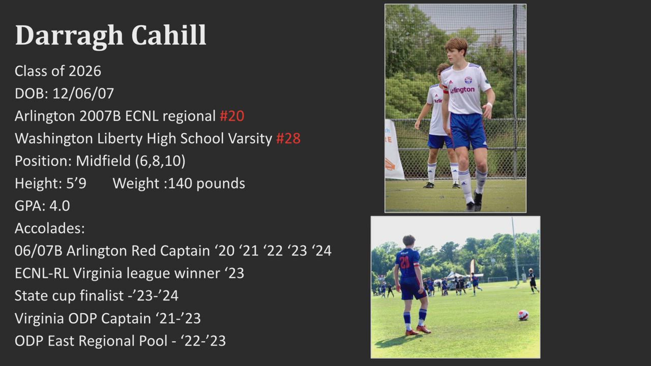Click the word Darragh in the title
pos(69,36)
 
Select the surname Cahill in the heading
pos(169,35)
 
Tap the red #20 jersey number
pos(232,115)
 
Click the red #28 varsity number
pos(288,138)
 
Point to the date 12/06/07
pos(83,94)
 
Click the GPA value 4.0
pos(60,206)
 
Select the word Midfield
pos(103,161)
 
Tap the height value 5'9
pos(76,183)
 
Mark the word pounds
pos(221,184)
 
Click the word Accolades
pos(50,228)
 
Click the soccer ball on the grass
pos(523,315)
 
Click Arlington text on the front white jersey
pos(462,90)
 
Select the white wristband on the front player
pos(489,105)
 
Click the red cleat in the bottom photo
pos(424,329)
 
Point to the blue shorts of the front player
pos(468,131)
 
